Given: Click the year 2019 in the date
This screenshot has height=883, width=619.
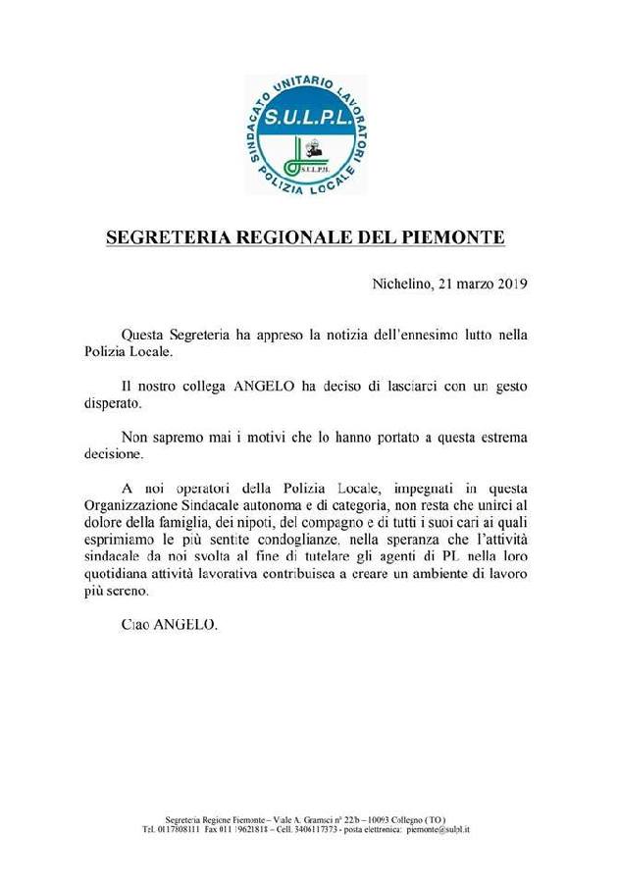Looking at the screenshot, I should pos(509,285).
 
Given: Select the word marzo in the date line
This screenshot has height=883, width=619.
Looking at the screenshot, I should pos(467,285).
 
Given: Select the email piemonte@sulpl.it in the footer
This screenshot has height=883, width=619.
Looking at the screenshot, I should pos(438,829).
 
